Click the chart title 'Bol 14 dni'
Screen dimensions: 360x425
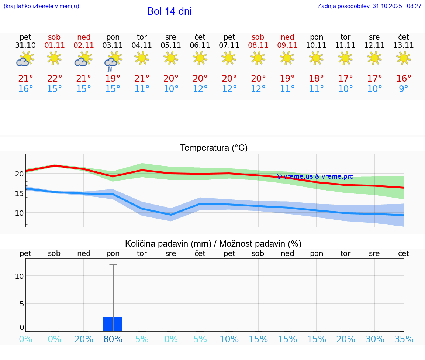point(169,11)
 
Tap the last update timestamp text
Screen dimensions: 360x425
point(369,6)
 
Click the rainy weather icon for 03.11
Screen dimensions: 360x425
point(113,61)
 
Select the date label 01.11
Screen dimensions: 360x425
point(54,45)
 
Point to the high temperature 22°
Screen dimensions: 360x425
point(55,78)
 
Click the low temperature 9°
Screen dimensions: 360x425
point(404,89)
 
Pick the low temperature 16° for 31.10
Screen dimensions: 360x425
point(25,89)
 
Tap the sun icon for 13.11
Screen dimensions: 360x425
point(404,58)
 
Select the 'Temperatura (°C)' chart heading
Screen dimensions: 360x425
point(214,148)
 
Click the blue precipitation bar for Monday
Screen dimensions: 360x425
point(113,324)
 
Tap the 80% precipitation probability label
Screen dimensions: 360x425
point(113,339)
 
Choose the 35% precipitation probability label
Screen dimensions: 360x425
point(404,339)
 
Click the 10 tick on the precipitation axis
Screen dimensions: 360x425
point(19,276)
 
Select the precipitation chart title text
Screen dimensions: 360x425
point(213,244)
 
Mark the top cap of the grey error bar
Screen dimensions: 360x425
point(113,264)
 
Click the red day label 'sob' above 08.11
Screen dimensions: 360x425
point(258,37)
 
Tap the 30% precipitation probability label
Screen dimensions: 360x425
point(375,339)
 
